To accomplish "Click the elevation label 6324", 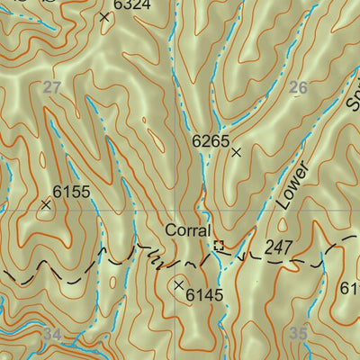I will coord(132,4).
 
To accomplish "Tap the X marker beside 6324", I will coord(104,16).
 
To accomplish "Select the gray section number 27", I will coord(52,86).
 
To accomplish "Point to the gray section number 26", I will coord(300,87).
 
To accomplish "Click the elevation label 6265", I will coord(211,140).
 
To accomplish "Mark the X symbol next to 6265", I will coord(237,153).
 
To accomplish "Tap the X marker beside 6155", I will coord(46,204).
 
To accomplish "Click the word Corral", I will coord(187,230).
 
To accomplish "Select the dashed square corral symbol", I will coord(218,245).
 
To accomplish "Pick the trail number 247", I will coord(280,246).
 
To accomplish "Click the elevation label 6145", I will coord(203,294).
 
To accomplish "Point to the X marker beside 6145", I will coord(178,284).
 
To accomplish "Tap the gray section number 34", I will coord(52,335).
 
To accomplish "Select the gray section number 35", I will coord(299,334).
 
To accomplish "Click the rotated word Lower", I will coord(292,185).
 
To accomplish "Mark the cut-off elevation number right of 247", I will coord(350,288).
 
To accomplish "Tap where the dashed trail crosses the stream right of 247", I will coord(321,263).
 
